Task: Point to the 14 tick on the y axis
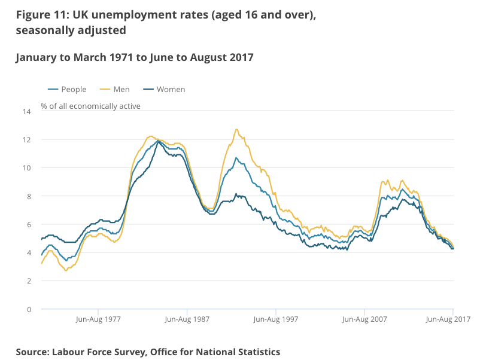point(26,111)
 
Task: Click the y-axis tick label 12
point(26,139)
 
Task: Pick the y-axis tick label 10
point(26,168)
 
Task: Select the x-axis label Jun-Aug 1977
point(99,319)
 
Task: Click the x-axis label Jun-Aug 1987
point(187,319)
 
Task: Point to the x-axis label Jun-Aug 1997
point(275,319)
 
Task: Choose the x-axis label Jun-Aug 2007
point(364,319)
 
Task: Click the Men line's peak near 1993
point(236,129)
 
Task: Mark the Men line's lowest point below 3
point(65,271)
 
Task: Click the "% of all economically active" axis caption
point(90,106)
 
